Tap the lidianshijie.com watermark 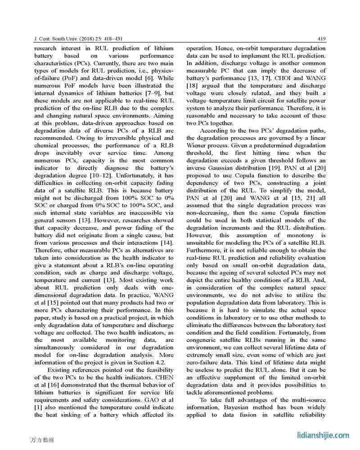point(323,435)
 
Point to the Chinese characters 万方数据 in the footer point(43,439)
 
